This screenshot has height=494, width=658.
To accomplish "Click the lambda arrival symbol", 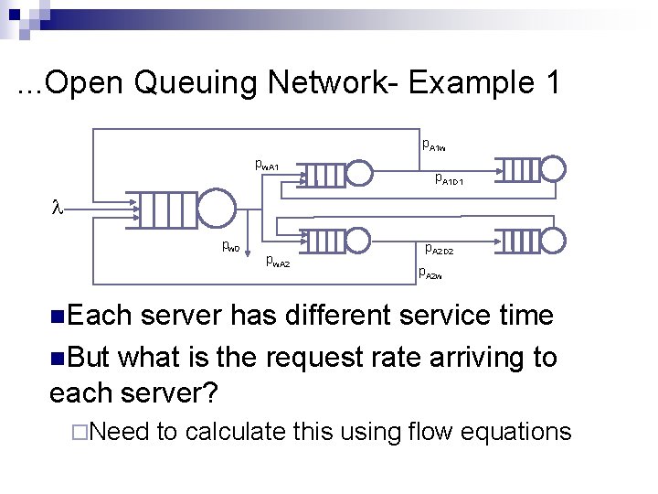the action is click(x=54, y=209).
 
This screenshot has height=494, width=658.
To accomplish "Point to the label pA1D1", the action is click(x=450, y=179).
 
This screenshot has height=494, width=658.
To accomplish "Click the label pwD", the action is click(x=230, y=246).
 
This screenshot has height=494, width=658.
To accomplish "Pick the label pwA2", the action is click(x=277, y=262).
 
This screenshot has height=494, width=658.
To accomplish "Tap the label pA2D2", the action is click(x=439, y=248).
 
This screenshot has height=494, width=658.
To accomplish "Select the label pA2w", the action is click(x=430, y=272).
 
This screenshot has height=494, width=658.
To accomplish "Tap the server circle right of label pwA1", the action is click(x=362, y=171).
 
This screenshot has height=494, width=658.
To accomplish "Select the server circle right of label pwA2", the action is click(x=362, y=241).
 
